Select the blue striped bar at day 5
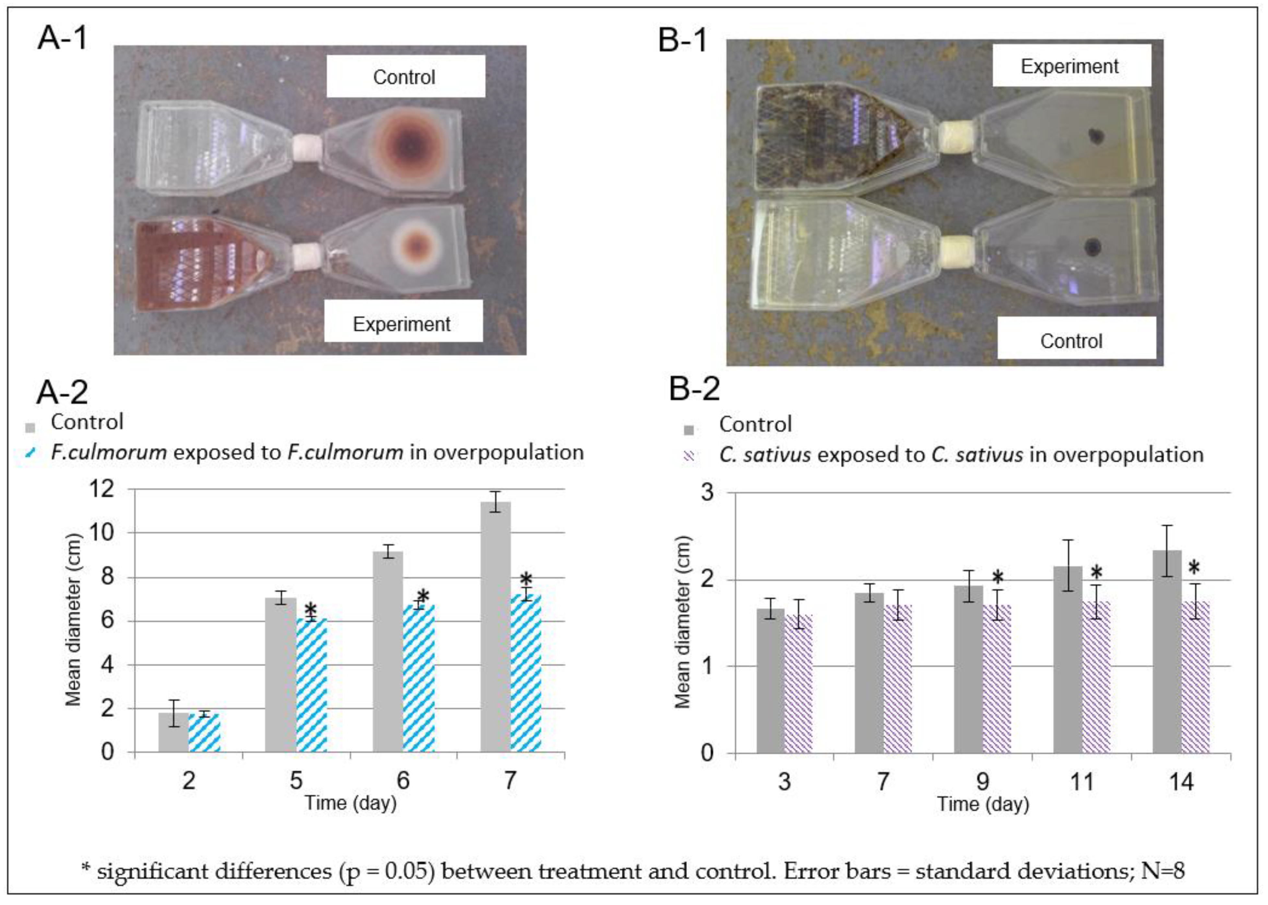(x=312, y=685)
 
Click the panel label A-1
(x=62, y=39)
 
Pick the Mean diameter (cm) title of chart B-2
(x=683, y=621)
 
